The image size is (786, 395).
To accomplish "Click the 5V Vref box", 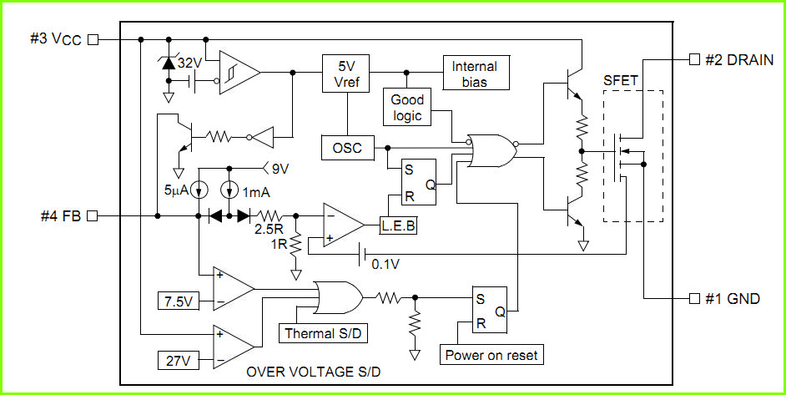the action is (x=346, y=73).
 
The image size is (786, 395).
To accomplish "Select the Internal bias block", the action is (x=476, y=73).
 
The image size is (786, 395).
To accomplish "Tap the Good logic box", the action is (x=407, y=107).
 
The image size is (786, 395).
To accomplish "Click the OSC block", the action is (x=346, y=148).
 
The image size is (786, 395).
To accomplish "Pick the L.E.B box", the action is (x=399, y=225).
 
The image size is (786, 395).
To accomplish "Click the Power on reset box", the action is (x=491, y=355).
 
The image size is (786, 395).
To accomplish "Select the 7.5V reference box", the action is (x=179, y=301).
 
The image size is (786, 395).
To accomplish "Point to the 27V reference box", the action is (x=179, y=361).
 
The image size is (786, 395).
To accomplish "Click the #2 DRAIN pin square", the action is (x=694, y=59).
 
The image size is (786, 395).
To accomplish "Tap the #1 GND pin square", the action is (x=694, y=298).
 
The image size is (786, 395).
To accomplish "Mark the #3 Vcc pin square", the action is (x=93, y=39).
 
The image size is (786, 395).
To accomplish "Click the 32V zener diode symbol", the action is (x=169, y=63).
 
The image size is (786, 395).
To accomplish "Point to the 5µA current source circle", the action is (x=199, y=190).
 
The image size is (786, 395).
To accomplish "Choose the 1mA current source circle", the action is (x=229, y=190).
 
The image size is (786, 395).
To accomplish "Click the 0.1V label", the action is (x=385, y=264).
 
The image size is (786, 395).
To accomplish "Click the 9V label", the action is (x=280, y=169).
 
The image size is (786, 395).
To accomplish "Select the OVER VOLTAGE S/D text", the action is (x=314, y=372).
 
